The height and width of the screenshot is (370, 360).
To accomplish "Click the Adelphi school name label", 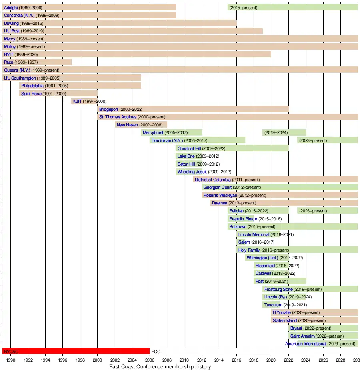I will click(11, 8).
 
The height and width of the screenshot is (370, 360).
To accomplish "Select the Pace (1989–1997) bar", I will click(37, 62).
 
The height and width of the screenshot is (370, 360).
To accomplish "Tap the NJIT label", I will click(77, 101).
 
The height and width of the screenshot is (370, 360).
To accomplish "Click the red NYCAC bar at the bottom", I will click(76, 351).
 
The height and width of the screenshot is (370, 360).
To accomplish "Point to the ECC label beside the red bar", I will click(156, 352).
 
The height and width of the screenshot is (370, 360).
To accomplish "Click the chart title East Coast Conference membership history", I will click(160, 366).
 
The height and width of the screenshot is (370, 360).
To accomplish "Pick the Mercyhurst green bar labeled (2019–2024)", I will click(284, 132).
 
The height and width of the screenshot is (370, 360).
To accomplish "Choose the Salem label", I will click(244, 242).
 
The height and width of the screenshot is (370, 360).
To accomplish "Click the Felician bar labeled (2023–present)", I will click(327, 211).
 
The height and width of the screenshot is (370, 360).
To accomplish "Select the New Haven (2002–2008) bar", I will click(141, 125).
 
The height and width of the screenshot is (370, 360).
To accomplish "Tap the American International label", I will click(306, 344).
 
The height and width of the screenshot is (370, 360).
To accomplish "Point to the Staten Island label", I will click(285, 320).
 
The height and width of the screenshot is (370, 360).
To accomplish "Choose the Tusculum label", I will click(273, 305).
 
